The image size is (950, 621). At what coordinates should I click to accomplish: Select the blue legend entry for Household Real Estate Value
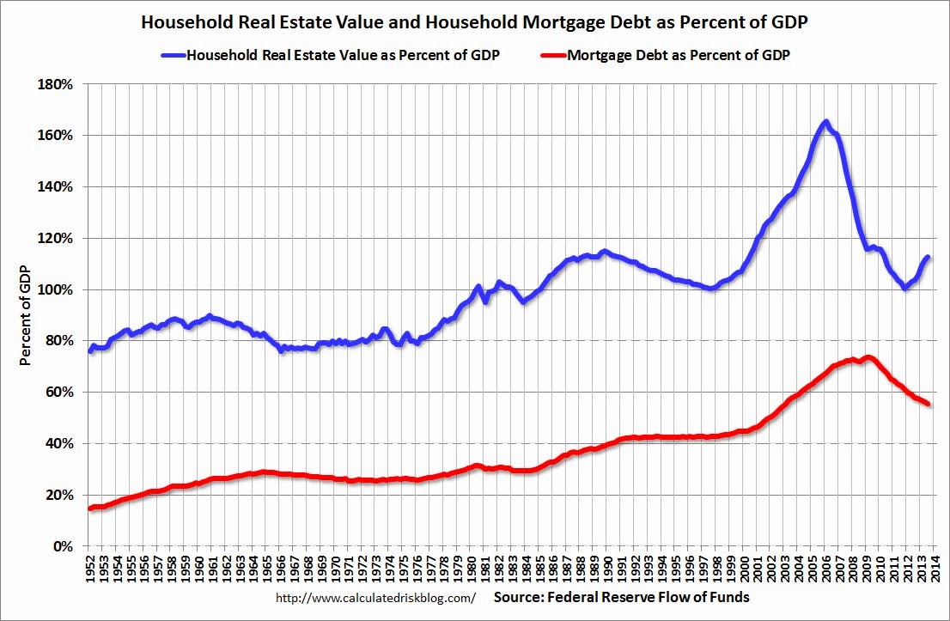tap(331, 56)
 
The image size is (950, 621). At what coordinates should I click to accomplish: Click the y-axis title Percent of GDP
tap(26, 315)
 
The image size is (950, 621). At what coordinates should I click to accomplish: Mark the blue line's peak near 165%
tap(825, 122)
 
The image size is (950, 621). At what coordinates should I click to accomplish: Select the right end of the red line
tap(928, 404)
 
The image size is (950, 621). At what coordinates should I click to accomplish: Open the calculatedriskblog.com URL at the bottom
tap(375, 597)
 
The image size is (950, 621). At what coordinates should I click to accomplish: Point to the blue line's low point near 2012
tap(904, 288)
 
